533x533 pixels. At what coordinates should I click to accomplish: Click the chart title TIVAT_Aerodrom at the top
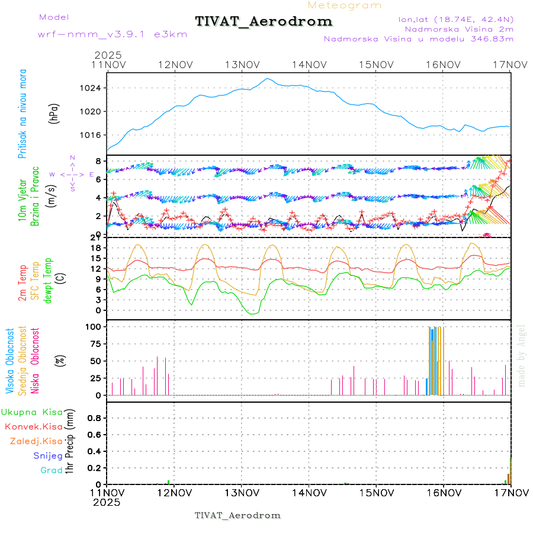(264, 22)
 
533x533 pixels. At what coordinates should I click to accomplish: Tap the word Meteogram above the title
(345, 5)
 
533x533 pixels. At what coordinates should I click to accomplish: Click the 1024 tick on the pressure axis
(94, 88)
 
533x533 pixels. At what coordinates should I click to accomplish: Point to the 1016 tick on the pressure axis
(94, 134)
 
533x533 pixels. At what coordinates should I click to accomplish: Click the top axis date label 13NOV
(242, 65)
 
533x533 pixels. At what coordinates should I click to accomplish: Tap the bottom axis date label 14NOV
(309, 492)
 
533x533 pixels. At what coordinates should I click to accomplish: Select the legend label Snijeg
(47, 456)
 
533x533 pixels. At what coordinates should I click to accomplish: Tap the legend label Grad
(52, 471)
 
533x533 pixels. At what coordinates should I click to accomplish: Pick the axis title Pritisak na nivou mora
(23, 115)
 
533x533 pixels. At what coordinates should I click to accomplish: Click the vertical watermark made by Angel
(521, 355)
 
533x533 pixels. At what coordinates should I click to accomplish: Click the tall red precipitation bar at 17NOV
(510, 471)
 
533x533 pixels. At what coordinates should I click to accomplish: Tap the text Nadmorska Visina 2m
(459, 28)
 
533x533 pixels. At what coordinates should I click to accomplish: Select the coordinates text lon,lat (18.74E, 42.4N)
(456, 18)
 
